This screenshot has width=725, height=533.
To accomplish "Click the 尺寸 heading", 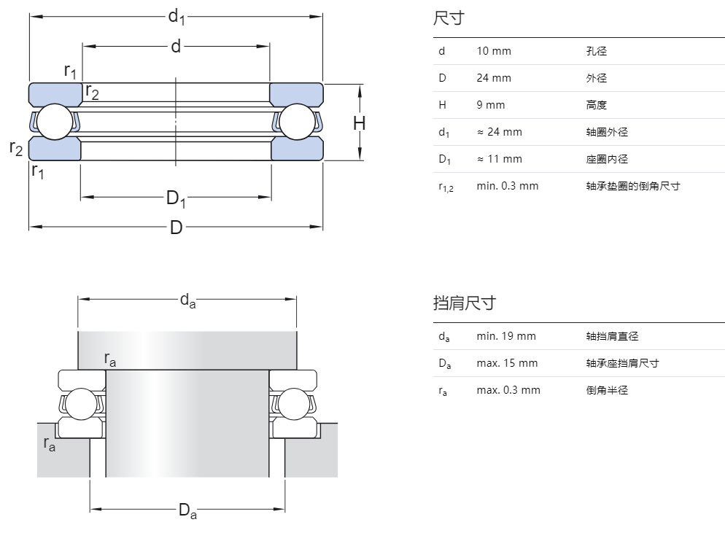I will point(449,18).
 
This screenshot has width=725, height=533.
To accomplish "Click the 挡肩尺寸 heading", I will point(464,303).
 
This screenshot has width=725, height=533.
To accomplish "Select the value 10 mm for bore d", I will point(494,51).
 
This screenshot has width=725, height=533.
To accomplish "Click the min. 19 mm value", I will point(506,336).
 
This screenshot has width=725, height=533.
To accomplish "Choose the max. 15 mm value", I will point(507,363).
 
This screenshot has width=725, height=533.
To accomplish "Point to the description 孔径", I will point(596,51).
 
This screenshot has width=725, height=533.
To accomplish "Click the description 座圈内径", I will point(607,159).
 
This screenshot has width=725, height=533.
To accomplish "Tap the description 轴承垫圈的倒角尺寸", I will point(633,186).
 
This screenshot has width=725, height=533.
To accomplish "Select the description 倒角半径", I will point(607,390).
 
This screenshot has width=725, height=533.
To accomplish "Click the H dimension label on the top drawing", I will point(359,123).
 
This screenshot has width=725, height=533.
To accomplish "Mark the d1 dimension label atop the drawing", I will point(176,16).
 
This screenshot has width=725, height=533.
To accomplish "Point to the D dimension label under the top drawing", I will point(176,227).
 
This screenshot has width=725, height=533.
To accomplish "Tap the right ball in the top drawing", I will point(297,122).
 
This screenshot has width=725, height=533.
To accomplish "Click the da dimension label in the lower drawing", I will point(187,300).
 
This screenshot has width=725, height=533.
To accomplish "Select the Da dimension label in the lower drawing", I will point(187,511).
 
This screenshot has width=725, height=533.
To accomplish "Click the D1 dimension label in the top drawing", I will point(176,198).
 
